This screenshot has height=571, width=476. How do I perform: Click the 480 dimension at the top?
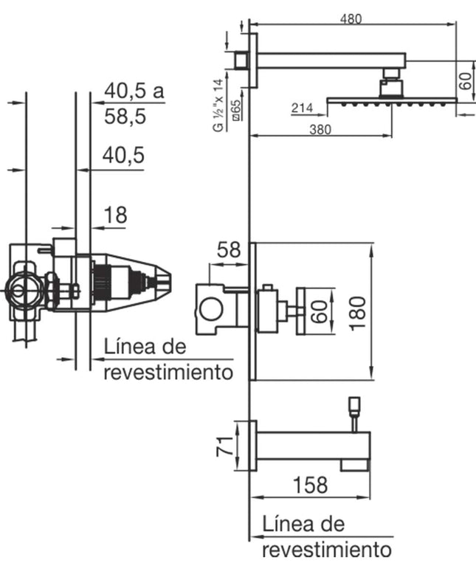[351, 19]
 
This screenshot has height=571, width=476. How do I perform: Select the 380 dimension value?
[320, 130]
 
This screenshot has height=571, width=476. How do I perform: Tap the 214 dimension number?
[302, 108]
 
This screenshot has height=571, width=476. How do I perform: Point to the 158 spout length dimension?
[310, 485]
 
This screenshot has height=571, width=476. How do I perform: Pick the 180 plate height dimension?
[358, 314]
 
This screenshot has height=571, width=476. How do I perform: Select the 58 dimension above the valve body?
[229, 250]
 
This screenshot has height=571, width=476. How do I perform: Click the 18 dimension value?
[116, 215]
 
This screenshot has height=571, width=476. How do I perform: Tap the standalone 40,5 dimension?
[123, 155]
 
